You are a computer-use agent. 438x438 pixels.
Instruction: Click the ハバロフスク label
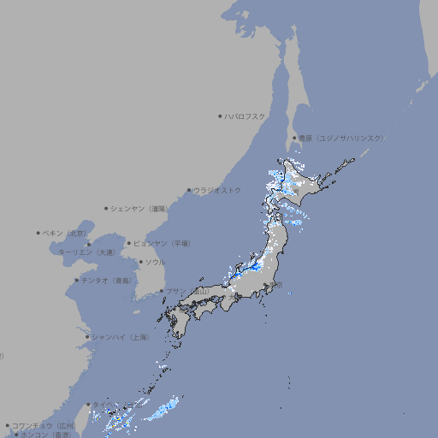tap(246, 115)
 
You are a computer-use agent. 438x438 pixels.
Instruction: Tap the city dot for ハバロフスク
tap(221, 115)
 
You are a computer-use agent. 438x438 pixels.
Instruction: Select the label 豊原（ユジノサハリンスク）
tap(341, 138)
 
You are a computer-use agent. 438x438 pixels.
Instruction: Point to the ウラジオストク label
tap(218, 190)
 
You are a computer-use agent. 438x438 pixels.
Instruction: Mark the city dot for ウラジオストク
tap(190, 190)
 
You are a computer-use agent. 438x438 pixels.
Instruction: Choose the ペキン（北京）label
tap(66, 233)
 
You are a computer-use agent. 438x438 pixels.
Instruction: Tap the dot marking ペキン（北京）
tap(38, 233)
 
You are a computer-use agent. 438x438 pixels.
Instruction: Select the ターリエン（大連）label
tap(86, 252)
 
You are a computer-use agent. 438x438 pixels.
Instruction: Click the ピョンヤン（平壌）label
tap(162, 243)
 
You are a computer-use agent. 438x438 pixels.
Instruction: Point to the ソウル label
tap(155, 262)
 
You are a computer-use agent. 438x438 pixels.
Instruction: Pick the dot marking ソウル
tap(139, 262)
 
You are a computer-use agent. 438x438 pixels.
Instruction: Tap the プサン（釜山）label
tap(187, 291)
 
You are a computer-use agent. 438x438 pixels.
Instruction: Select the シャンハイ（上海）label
tap(120, 337)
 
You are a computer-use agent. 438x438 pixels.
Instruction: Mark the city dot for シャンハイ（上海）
tap(87, 337)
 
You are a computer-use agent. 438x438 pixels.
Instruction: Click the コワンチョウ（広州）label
tap(43, 425)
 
